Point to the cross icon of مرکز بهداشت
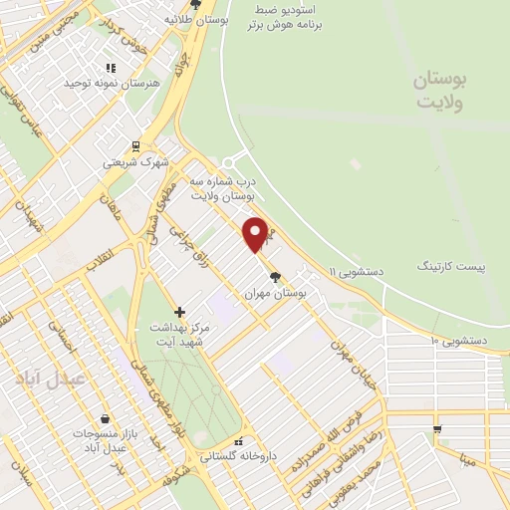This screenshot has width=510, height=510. coord(179,312)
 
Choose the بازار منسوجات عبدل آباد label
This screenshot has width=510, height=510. coord(103,441)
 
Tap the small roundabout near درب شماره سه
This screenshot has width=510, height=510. coord(228,162)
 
